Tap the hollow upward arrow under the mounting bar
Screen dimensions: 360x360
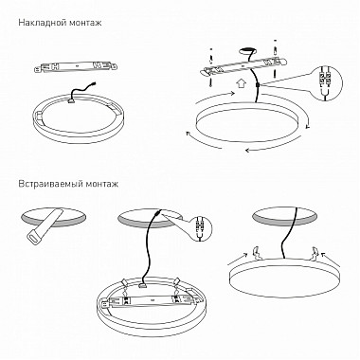tap(242, 83)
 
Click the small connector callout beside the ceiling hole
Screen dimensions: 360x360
tap(200, 229)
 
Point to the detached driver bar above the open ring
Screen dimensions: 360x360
tap(77, 66)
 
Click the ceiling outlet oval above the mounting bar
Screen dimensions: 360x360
tap(248, 50)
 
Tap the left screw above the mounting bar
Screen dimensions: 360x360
tap(211, 54)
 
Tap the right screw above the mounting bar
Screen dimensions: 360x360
tap(275, 47)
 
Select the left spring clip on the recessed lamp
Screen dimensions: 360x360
tap(257, 253)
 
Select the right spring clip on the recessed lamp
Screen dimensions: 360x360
tap(314, 253)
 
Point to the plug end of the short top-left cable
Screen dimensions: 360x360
tap(93, 84)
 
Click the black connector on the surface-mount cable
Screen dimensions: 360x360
tap(258, 85)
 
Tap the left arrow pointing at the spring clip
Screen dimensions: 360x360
tap(237, 258)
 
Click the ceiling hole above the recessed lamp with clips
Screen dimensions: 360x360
tap(285, 217)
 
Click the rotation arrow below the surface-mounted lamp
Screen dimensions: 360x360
tap(275, 146)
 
